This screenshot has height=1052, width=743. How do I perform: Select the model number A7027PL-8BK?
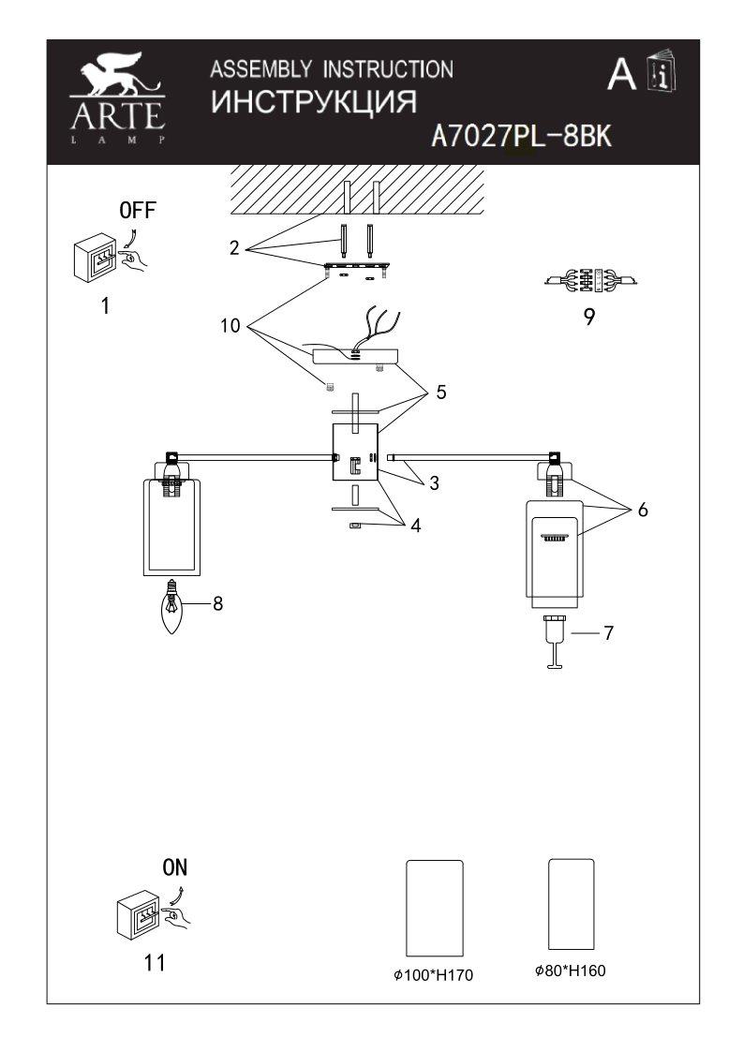(521, 136)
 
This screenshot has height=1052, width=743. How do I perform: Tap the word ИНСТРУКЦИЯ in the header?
(314, 103)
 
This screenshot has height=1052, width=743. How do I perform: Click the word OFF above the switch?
(137, 210)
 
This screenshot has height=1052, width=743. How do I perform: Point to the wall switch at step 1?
(95, 257)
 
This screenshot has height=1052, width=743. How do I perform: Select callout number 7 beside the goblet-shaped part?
(608, 632)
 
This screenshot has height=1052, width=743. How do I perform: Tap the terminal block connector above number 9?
(590, 280)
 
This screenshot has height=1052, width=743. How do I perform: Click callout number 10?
(230, 326)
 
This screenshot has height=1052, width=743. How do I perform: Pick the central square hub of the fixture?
(355, 452)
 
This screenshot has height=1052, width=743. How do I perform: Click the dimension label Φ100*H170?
(434, 975)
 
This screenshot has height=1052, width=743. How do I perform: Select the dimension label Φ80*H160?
(570, 971)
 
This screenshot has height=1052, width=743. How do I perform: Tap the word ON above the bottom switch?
(174, 867)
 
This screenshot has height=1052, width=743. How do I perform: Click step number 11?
(155, 963)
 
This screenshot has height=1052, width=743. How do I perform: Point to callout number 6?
(643, 510)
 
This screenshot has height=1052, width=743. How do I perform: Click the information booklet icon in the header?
(661, 69)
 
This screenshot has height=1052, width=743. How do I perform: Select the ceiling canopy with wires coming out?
(355, 356)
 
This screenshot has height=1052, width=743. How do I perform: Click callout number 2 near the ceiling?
(234, 248)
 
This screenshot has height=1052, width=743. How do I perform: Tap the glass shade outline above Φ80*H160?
(572, 904)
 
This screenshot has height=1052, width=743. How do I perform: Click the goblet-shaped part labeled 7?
(555, 642)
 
